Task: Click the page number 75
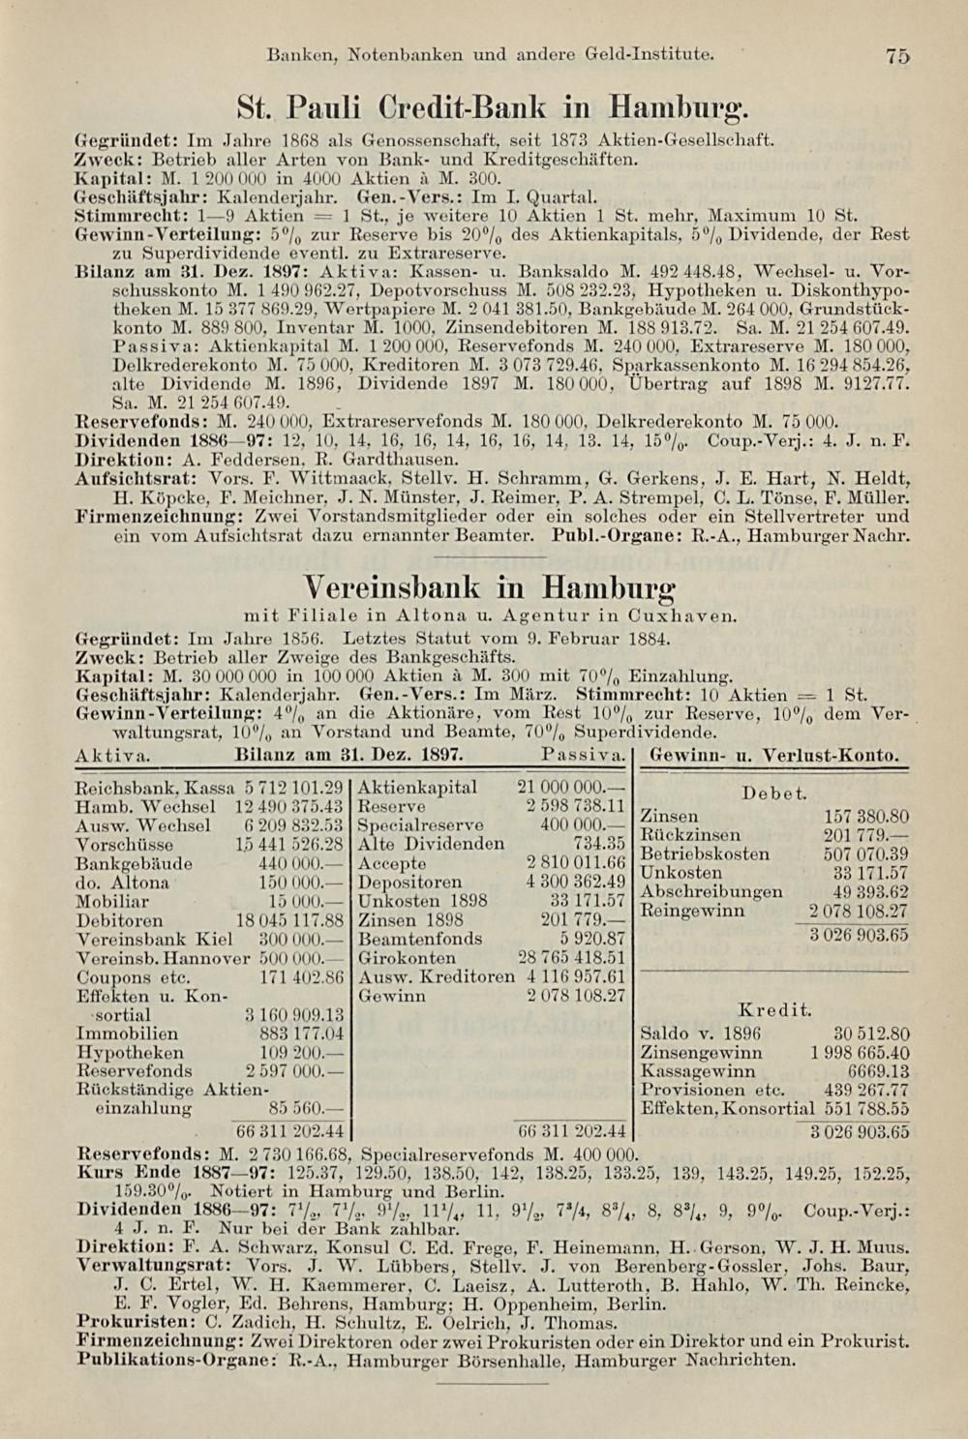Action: pyautogui.click(x=897, y=57)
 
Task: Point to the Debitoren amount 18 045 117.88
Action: pyautogui.click(x=290, y=919)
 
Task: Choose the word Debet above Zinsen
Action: pyautogui.click(x=774, y=794)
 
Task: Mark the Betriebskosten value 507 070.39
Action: pyautogui.click(x=867, y=854)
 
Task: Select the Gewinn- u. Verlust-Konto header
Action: pyautogui.click(x=775, y=753)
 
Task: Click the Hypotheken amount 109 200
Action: pyautogui.click(x=301, y=1053)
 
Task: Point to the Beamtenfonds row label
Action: pyautogui.click(x=419, y=939)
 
